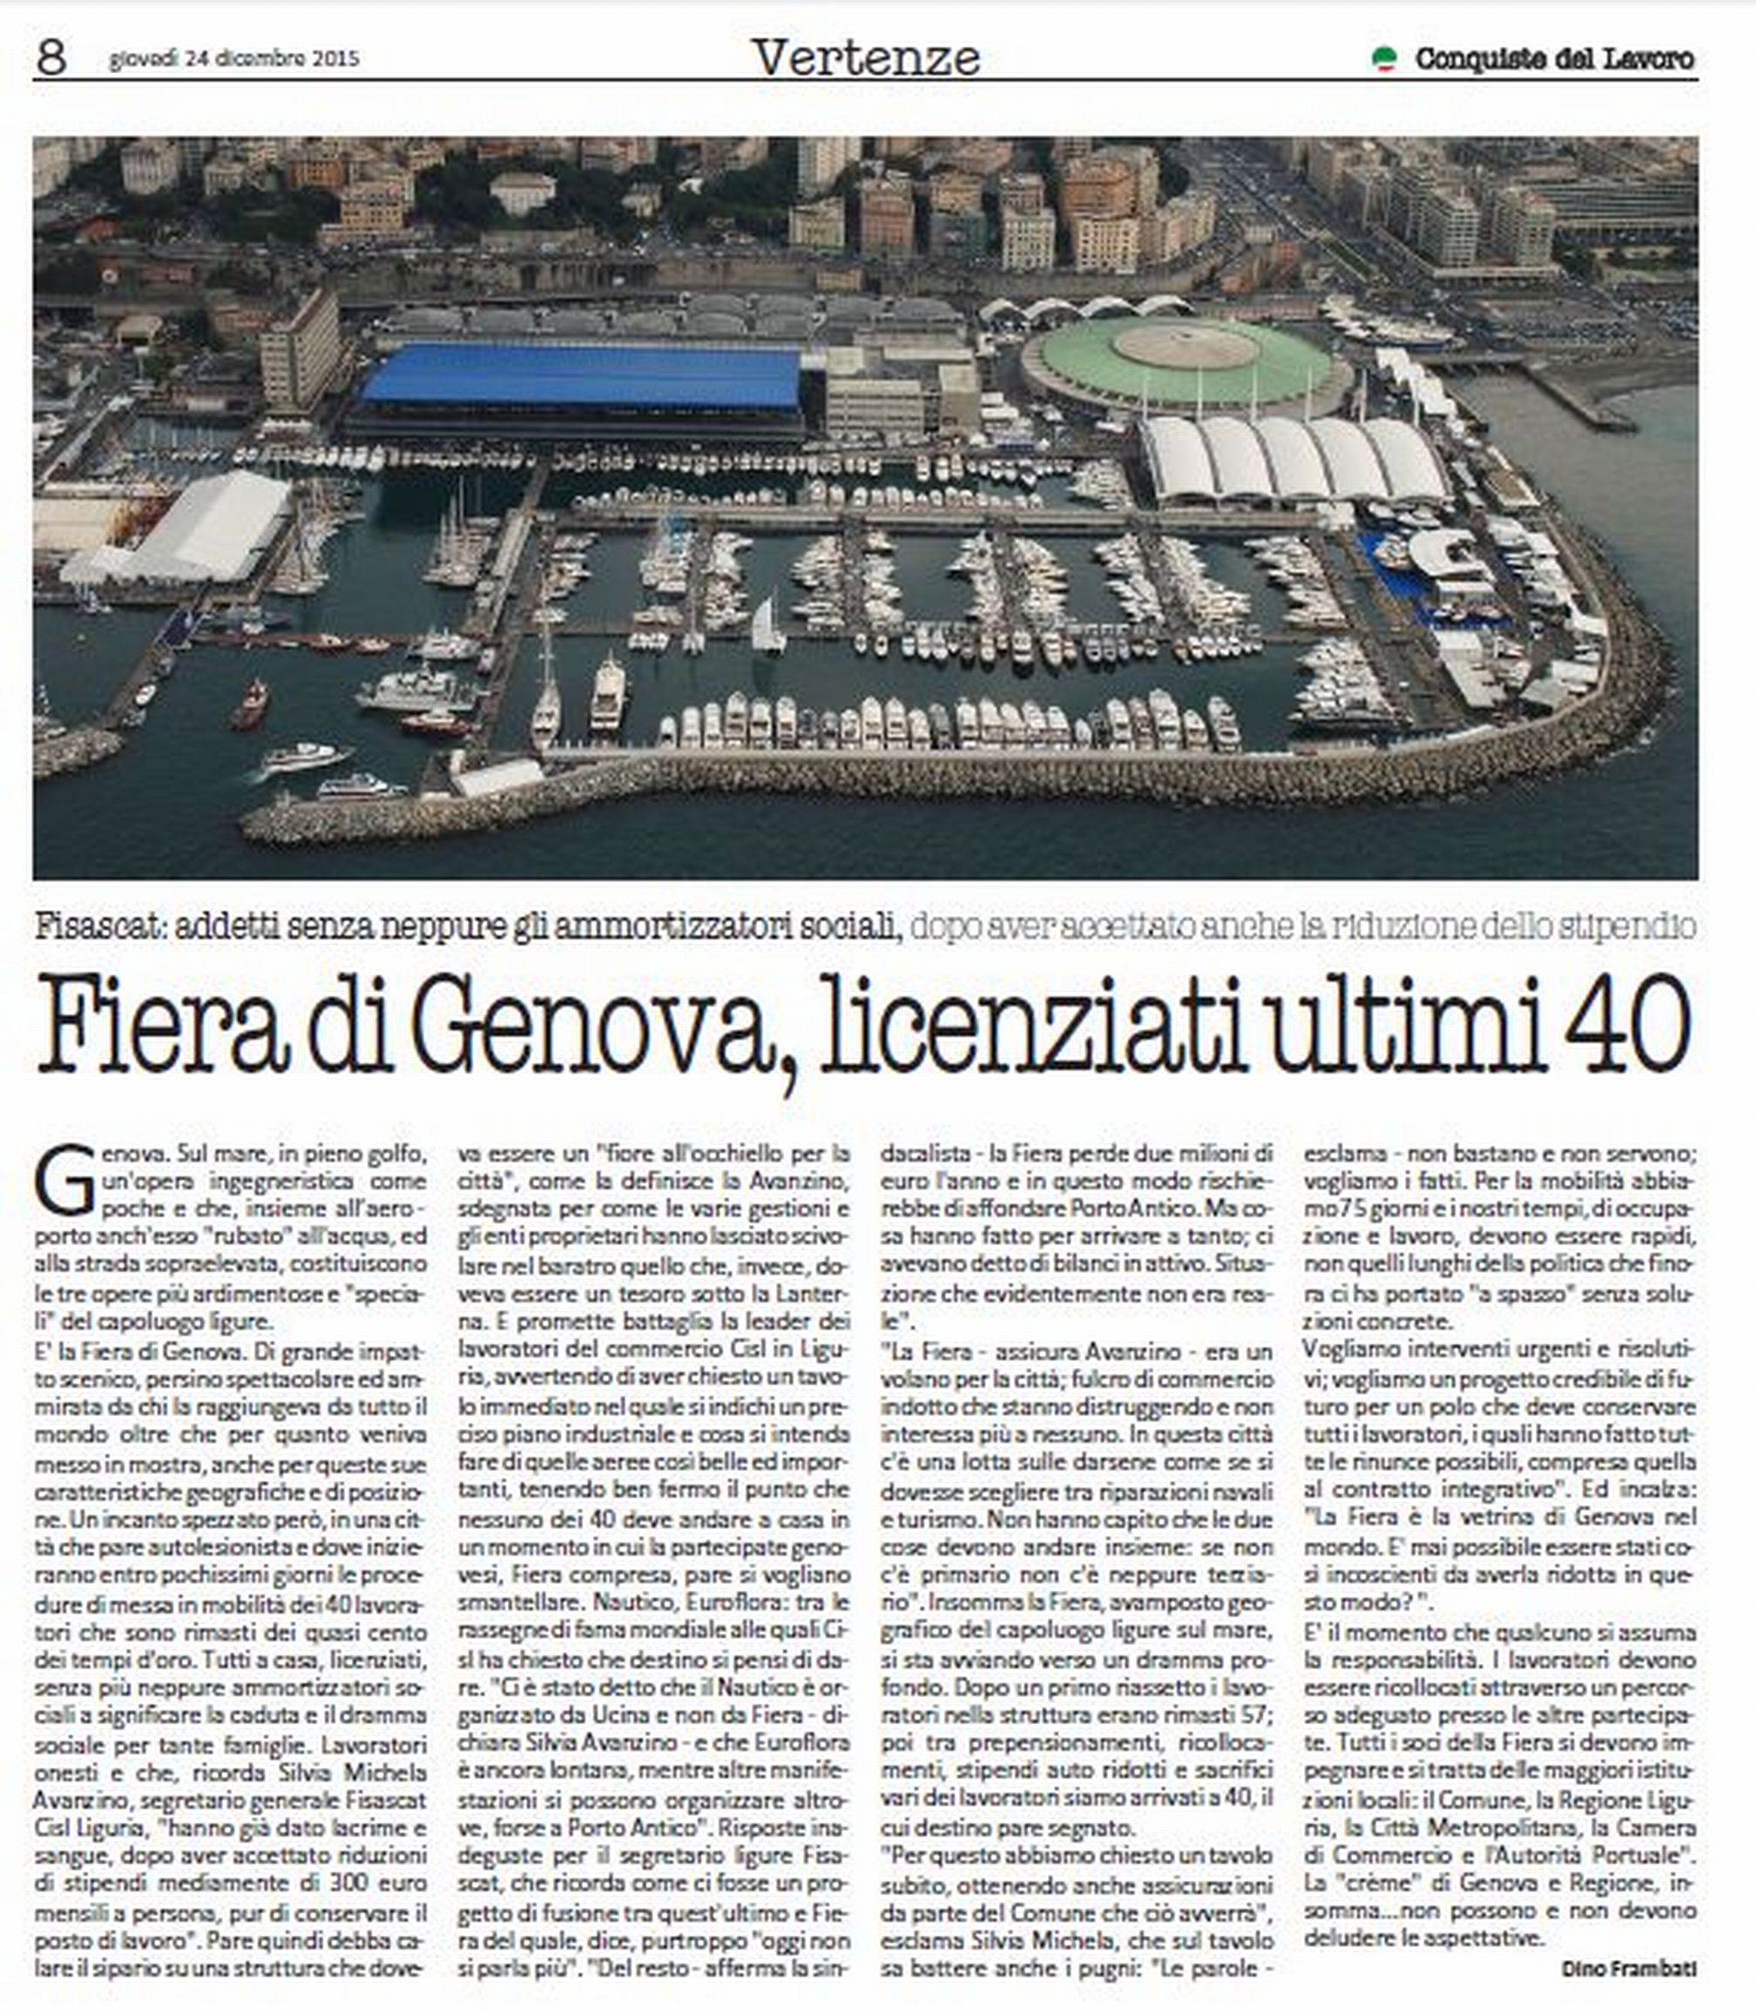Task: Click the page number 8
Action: click(x=51, y=57)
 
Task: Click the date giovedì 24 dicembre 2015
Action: click(x=234, y=58)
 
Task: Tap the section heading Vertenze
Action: click(x=866, y=57)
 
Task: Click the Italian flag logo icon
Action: click(x=1382, y=58)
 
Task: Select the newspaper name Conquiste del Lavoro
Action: click(x=1554, y=58)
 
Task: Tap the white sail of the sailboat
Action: click(x=767, y=624)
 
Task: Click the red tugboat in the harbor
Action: click(x=249, y=705)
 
